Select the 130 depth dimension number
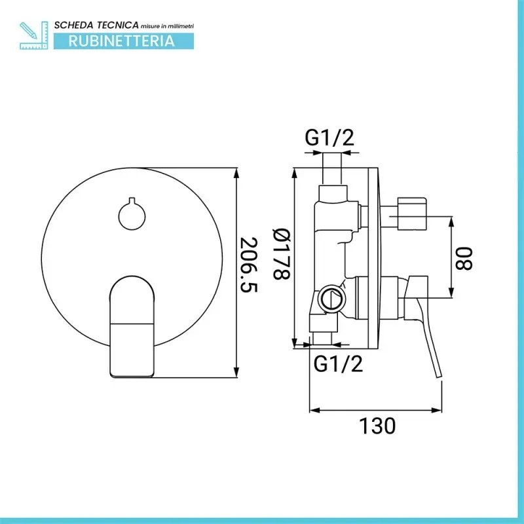[377, 426]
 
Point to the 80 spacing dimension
[464, 257]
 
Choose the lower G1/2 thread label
[338, 364]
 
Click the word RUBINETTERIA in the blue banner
[122, 41]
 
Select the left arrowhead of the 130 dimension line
[312, 411]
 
